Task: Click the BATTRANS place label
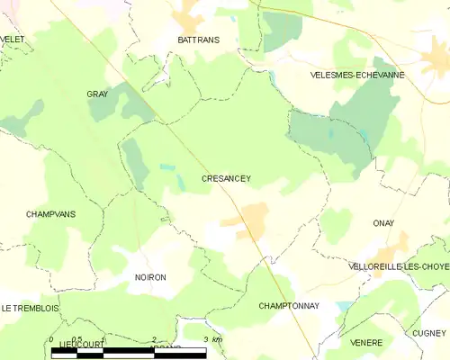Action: point(198,40)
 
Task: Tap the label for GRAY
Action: point(96,94)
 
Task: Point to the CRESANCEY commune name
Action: point(225,178)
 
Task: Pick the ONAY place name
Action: point(383,222)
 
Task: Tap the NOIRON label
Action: point(150,277)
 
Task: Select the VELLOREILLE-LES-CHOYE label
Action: point(398,267)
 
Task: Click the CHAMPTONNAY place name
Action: point(288,306)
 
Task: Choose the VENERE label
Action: point(367,342)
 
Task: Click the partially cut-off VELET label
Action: point(12,39)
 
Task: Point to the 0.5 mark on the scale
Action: point(77,339)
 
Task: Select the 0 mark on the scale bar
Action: point(51,339)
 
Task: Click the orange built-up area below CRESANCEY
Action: point(250,219)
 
